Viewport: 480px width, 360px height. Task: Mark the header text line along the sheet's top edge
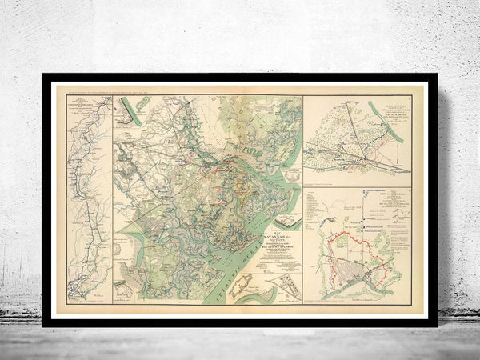coord(120,87)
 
